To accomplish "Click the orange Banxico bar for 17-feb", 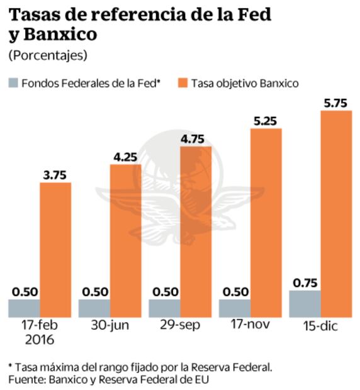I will (x=56, y=250).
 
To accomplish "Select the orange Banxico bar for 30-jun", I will (x=126, y=240).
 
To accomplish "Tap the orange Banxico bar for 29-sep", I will (x=196, y=231).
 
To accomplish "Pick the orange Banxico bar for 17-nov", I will (x=266, y=222).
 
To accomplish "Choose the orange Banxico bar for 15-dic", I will (x=336, y=213).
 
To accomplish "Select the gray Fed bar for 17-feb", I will (x=24, y=308).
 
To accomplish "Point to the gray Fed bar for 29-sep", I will (x=164, y=308).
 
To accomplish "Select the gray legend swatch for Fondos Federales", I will (x=13, y=82).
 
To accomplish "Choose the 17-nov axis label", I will (x=250, y=327).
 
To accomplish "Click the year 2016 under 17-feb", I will (x=40, y=340).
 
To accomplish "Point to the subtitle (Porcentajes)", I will (x=48, y=55).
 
